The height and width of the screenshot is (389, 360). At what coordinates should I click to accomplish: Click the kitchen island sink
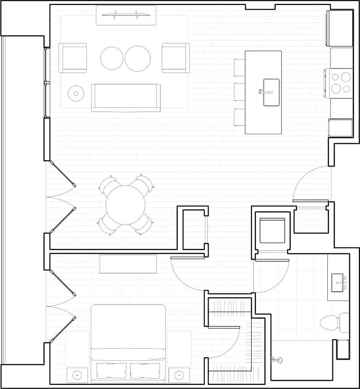click(x=271, y=92)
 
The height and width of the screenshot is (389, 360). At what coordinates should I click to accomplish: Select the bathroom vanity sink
click(x=337, y=282)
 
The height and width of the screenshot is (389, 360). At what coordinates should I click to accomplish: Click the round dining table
click(x=126, y=205)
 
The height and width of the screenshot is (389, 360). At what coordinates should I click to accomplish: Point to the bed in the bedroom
click(x=128, y=340)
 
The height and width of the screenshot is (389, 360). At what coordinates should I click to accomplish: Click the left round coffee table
click(x=112, y=58)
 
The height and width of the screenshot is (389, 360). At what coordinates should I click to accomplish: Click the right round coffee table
click(x=138, y=58)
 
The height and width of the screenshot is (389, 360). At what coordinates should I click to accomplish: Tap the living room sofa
click(x=126, y=97)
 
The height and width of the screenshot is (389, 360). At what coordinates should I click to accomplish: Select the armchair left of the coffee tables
click(x=73, y=58)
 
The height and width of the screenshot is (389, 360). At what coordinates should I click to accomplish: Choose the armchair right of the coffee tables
click(x=176, y=58)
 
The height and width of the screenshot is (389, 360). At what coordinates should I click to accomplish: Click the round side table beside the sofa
click(x=76, y=94)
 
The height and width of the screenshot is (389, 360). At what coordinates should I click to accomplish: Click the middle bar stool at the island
click(x=239, y=92)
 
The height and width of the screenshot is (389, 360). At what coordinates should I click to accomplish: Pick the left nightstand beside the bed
click(x=77, y=375)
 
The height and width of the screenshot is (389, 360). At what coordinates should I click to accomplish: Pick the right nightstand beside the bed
click(x=179, y=375)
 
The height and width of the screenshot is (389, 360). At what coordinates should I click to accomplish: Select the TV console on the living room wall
click(x=126, y=15)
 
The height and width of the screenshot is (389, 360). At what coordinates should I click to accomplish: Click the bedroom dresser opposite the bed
click(x=128, y=264)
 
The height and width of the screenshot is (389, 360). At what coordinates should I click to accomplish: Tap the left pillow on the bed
click(x=112, y=370)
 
